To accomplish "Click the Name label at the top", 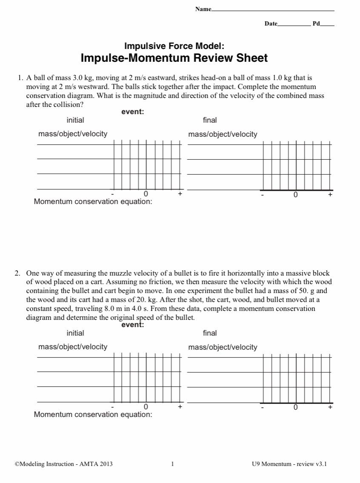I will (203, 9).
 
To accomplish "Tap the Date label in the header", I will (271, 24).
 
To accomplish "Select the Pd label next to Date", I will (316, 24).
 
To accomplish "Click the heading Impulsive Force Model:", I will (174, 46).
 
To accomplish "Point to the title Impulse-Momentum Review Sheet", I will (174, 58).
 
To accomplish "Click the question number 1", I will (20, 78).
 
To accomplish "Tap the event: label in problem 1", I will (133, 112).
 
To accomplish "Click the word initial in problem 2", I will (75, 333).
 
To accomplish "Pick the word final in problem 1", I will (210, 120).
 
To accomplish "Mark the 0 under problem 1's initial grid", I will (146, 194).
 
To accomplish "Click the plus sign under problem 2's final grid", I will (330, 407).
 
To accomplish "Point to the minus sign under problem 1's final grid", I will (263, 195).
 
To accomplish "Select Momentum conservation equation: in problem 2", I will (93, 414).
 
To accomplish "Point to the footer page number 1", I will (172, 464).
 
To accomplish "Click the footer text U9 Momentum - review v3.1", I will (289, 464).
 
